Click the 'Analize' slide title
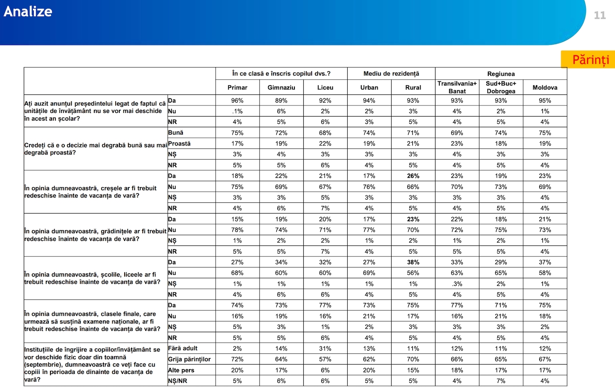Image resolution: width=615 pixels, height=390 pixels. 28,12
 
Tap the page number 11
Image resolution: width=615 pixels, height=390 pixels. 599,15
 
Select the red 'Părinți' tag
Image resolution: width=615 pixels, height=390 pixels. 590,60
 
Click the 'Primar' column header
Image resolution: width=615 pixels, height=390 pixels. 237,87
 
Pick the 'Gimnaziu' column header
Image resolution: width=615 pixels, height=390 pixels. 281,87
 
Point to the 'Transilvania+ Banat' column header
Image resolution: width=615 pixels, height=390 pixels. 457,87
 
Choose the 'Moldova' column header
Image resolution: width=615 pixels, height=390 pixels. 545,87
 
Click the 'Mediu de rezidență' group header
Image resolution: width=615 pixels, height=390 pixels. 391,73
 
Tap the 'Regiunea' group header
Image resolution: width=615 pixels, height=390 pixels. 501,73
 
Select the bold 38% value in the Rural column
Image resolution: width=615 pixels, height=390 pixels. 413,262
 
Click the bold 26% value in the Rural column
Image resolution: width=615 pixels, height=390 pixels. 413,176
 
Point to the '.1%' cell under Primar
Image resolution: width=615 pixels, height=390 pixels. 237,111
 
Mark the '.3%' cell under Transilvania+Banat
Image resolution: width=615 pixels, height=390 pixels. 457,284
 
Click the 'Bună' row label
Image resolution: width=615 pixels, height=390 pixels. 175,133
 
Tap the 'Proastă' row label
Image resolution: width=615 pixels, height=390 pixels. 179,143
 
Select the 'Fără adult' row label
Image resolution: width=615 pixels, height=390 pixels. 182,348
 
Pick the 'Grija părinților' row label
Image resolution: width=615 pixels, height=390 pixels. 189,359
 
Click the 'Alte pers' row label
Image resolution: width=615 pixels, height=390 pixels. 181,370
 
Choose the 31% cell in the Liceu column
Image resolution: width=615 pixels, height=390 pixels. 325,349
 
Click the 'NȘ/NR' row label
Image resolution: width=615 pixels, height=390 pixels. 178,381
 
